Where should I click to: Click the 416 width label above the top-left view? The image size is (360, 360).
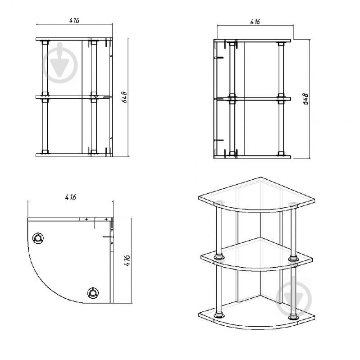coord(74,20)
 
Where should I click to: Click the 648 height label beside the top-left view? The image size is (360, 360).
coord(124,97)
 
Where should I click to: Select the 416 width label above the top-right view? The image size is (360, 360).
coord(255,22)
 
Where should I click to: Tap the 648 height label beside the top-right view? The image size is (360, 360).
coord(306,99)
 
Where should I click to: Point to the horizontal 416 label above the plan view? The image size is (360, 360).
coord(70,197)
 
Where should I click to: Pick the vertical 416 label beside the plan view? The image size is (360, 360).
coord(127,260)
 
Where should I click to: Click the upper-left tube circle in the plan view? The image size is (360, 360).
coord(38,238)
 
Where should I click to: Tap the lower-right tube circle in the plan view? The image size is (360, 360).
coord(93,292)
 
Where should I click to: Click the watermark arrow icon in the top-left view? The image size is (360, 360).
coord(60,63)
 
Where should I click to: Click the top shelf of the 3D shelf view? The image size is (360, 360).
coord(257,195)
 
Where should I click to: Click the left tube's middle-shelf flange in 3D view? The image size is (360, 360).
coord(219,257)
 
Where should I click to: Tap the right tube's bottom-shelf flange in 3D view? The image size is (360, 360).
coord(293,317)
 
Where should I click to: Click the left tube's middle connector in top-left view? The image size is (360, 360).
coord(45,97)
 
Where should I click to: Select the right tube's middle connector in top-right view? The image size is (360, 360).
coord(281,99)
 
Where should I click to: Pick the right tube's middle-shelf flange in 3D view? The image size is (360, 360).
coord(293,258)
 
